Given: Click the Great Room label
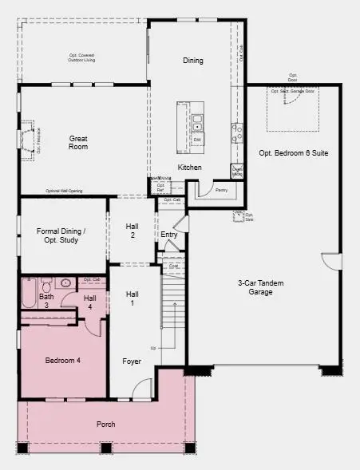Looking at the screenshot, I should (78, 141).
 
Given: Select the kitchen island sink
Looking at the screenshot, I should (197, 123).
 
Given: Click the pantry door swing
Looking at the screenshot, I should (204, 189).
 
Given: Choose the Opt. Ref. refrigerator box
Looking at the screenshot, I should (160, 187).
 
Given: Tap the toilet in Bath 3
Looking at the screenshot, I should (47, 284).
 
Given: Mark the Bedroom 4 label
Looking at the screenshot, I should (62, 361).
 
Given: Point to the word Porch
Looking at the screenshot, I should (105, 424).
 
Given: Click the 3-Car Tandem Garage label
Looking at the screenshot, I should (255, 287).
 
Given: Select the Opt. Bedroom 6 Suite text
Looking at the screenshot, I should (294, 152).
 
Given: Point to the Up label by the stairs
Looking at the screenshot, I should (152, 348).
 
